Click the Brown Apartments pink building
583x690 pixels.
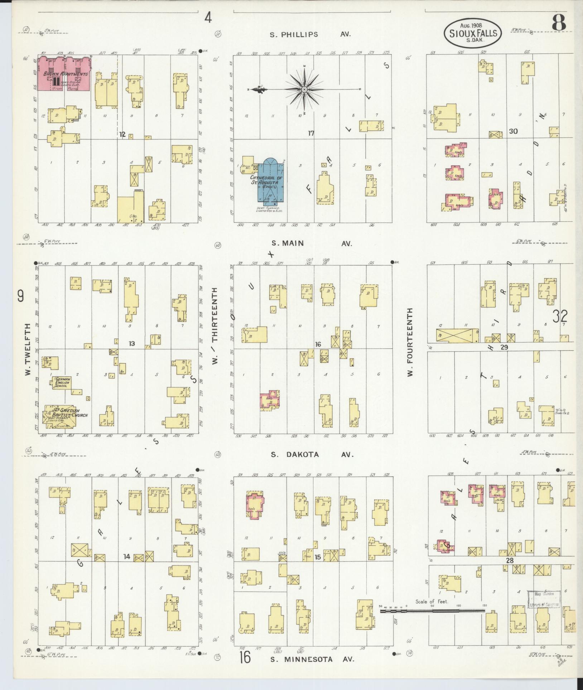(x=64, y=73)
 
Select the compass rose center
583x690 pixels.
(x=304, y=89)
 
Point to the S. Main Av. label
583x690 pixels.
(x=311, y=243)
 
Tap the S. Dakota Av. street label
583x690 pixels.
(x=312, y=454)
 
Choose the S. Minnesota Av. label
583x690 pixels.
(x=312, y=659)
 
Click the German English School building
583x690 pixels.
(x=62, y=383)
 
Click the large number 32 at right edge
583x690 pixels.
(x=560, y=316)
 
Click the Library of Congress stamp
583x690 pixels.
(x=543, y=598)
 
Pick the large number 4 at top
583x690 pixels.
(x=208, y=17)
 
